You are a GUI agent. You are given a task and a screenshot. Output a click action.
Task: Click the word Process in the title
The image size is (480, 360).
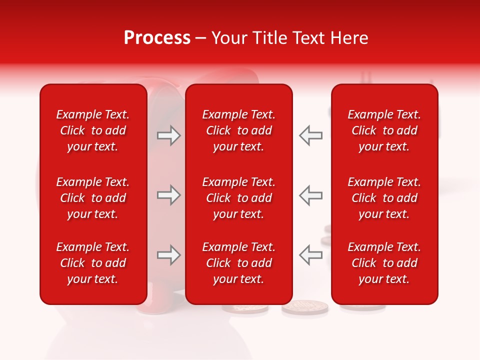click(157, 38)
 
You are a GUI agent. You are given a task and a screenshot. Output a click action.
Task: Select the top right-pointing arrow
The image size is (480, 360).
click(168, 136)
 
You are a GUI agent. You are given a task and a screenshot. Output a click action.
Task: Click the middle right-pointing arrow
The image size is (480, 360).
click(168, 195)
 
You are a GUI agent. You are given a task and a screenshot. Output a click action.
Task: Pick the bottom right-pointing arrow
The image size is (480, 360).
click(168, 255)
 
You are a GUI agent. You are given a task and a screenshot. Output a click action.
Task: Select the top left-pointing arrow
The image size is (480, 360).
click(311, 136)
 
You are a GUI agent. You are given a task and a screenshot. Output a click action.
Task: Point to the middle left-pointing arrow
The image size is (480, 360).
click(311, 195)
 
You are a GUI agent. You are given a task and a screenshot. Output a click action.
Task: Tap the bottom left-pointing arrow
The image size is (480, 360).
click(311, 255)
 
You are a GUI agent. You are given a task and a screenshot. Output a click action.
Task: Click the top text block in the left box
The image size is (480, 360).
click(93, 130)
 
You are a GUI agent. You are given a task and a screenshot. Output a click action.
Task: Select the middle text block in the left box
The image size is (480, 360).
click(93, 198)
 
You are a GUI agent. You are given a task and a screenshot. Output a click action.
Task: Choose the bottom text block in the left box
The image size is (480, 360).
click(93, 263)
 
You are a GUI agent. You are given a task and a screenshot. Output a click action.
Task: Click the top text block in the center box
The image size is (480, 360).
click(238, 130)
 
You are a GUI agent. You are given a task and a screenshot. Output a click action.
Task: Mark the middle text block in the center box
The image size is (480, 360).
click(238, 198)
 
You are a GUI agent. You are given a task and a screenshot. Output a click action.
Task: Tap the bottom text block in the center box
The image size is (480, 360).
click(238, 263)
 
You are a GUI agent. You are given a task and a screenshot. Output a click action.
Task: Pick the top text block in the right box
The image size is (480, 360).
click(384, 130)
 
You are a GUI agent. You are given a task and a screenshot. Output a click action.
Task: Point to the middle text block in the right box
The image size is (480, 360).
click(384, 198)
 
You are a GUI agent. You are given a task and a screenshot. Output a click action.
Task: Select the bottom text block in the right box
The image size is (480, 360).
click(384, 263)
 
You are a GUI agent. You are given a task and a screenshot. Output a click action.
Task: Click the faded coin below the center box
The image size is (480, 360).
click(304, 307)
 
